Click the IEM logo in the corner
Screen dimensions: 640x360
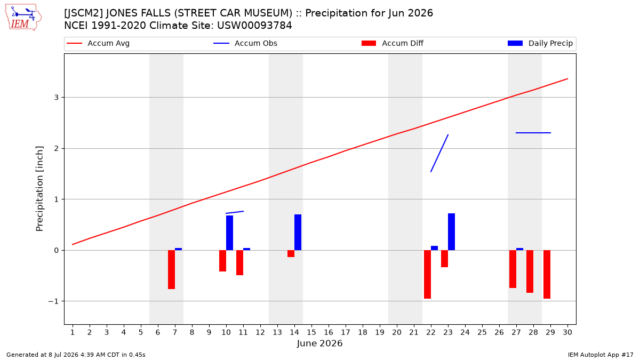click(x=23, y=17)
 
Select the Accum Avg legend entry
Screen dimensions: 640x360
click(x=98, y=43)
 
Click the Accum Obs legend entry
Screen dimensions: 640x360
click(x=245, y=43)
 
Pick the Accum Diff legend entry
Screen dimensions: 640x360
click(x=393, y=43)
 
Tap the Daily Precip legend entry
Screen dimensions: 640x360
click(x=540, y=43)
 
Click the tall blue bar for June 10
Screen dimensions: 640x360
click(x=229, y=233)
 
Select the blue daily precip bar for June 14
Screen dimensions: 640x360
click(x=298, y=233)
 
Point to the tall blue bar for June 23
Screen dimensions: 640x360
click(x=451, y=231)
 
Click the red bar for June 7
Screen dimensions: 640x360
click(x=171, y=270)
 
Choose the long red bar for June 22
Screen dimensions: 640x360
click(x=427, y=274)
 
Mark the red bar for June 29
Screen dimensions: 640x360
click(x=547, y=274)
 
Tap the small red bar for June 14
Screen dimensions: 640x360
click(x=291, y=254)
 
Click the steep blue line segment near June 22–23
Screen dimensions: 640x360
click(x=439, y=153)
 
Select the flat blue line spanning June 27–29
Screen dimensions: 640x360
click(x=533, y=133)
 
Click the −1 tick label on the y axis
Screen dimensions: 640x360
click(x=53, y=301)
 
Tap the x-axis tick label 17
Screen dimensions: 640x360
click(x=346, y=332)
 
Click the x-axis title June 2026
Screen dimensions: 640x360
click(x=319, y=343)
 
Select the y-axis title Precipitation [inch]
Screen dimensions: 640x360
click(x=39, y=189)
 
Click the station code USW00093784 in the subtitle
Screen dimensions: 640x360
click(x=254, y=26)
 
